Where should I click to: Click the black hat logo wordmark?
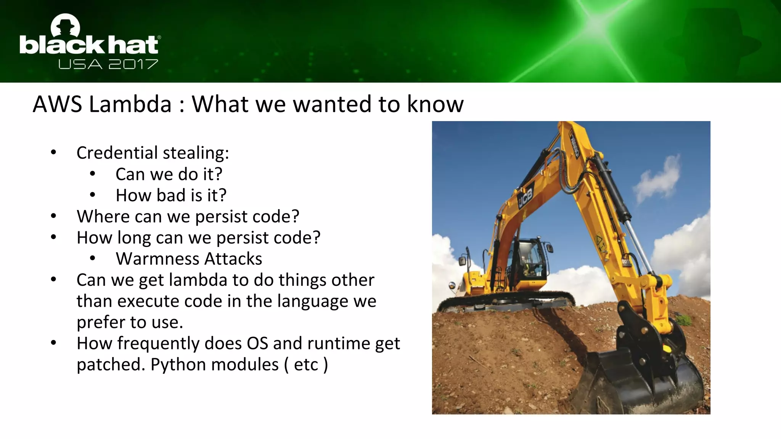[89, 45]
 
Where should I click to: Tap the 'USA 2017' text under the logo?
[108, 64]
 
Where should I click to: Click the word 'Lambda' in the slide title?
[130, 104]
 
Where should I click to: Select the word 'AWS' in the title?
[57, 104]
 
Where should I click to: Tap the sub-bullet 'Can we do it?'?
[169, 174]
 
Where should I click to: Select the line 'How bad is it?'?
[171, 195]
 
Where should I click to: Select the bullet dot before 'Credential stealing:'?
[53, 153]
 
